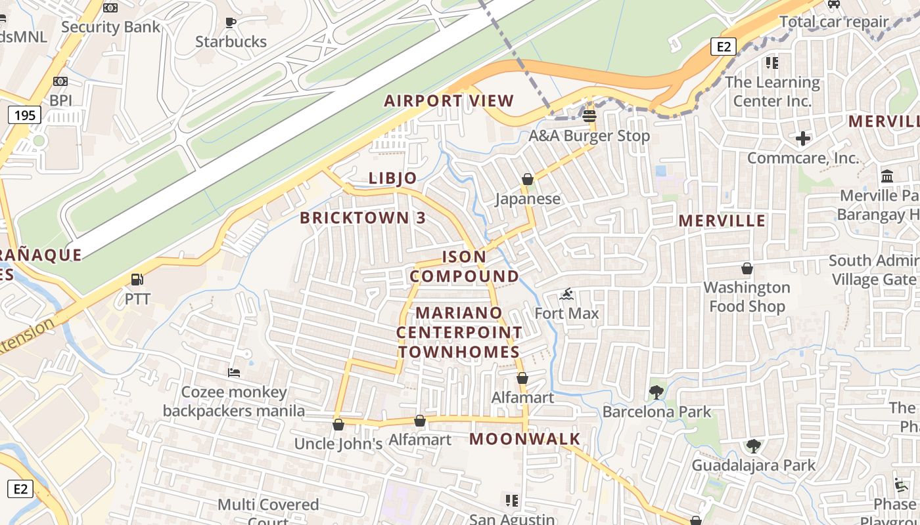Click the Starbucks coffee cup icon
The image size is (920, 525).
(x=230, y=23)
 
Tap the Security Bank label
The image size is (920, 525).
(x=110, y=27)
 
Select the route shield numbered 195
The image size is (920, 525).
(x=25, y=115)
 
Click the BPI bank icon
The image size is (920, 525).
(x=60, y=81)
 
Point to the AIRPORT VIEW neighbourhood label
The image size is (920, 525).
(x=449, y=101)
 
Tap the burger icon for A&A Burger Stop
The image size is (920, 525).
(x=589, y=116)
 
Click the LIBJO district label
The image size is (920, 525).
(x=393, y=178)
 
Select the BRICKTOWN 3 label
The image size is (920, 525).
(x=363, y=219)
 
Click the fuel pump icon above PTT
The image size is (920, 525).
(x=137, y=280)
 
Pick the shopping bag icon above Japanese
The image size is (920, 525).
(x=527, y=179)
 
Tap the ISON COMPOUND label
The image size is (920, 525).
(x=465, y=266)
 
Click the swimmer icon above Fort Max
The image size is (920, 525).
(x=566, y=294)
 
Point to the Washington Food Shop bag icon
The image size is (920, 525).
(x=747, y=268)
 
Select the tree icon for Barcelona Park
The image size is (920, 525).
(x=656, y=392)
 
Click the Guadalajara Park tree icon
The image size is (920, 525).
(x=753, y=446)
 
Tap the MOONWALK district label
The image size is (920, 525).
(x=525, y=439)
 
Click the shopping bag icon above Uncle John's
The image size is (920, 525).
(x=338, y=425)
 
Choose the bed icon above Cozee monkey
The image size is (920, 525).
(x=234, y=373)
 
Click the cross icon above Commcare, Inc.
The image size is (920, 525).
(x=802, y=138)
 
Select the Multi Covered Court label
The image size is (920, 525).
(x=268, y=505)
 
